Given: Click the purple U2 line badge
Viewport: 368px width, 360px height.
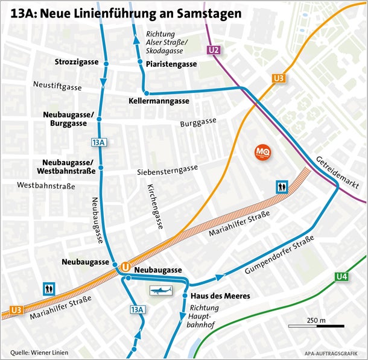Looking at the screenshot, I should (214, 50).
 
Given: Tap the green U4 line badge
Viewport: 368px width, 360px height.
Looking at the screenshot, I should (342, 277).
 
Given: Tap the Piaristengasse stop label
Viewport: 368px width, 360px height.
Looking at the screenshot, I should (171, 64).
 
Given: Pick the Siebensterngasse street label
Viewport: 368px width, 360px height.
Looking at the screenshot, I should (168, 171).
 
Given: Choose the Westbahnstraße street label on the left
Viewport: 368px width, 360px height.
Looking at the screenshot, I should (46, 186).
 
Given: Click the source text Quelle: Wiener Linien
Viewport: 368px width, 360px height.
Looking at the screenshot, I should (39, 352).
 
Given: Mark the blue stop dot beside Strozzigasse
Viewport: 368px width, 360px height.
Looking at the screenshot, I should (106, 63).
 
